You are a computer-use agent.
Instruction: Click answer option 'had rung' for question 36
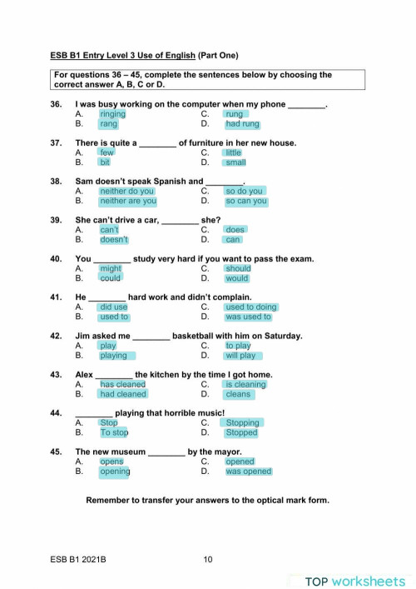click(x=242, y=124)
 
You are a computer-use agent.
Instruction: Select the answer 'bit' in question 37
click(x=105, y=162)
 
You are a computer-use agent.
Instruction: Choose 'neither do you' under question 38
click(x=126, y=191)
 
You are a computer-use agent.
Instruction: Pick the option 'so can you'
click(x=246, y=201)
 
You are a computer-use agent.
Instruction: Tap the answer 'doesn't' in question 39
click(x=114, y=239)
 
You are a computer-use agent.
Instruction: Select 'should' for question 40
click(x=238, y=268)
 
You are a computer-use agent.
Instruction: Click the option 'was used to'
click(x=248, y=317)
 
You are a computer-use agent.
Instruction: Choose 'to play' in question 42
click(x=238, y=345)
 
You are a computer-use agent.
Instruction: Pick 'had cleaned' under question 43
click(x=122, y=394)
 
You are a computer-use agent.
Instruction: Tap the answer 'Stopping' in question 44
click(x=242, y=422)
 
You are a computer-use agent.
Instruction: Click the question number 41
click(x=57, y=297)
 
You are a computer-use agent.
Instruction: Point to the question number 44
click(x=57, y=413)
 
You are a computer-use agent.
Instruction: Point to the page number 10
click(x=208, y=560)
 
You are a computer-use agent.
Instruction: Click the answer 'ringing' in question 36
click(x=112, y=114)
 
